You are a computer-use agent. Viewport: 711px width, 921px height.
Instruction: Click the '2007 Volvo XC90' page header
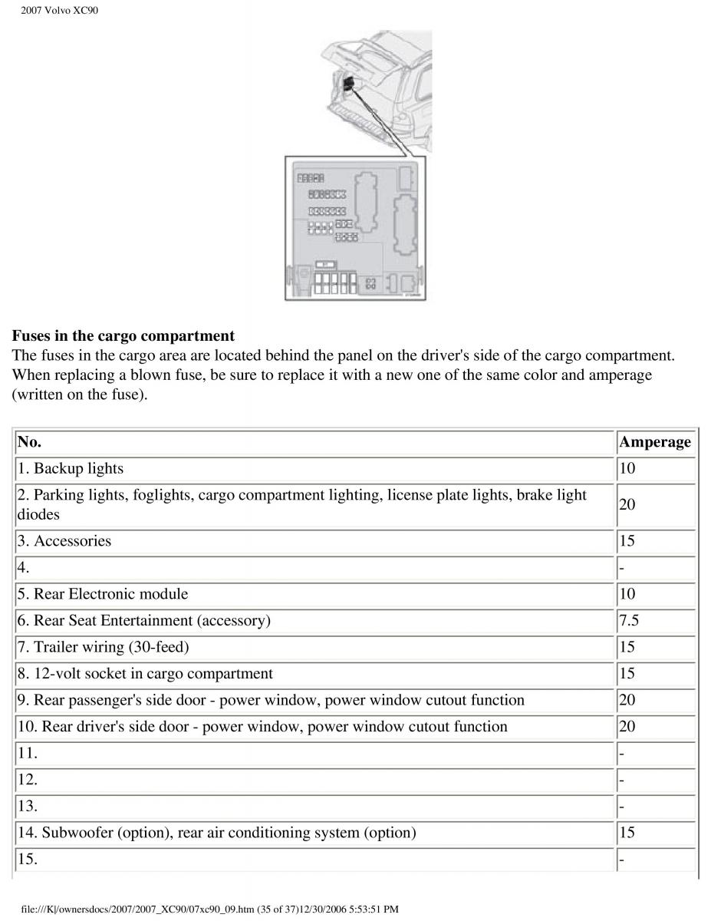59,11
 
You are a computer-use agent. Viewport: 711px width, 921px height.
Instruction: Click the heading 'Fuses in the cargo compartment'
123,336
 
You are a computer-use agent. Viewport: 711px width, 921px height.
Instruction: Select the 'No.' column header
29,442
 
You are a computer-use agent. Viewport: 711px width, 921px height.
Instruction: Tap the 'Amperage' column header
654,442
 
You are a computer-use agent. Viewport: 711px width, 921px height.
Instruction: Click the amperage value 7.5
628,620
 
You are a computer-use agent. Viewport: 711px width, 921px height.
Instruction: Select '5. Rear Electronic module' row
103,594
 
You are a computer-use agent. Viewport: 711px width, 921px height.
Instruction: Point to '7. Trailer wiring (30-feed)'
104,647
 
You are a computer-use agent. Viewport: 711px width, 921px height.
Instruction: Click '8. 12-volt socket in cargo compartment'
145,674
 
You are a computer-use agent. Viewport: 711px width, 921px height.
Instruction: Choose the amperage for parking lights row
627,505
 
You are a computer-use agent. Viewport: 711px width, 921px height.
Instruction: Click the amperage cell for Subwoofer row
627,833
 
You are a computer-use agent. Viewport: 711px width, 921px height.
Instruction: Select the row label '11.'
27,753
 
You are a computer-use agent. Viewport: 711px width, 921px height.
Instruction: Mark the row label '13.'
27,806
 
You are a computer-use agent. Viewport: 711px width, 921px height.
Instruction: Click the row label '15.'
27,859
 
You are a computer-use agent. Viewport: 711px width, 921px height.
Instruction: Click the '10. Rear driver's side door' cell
262,727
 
